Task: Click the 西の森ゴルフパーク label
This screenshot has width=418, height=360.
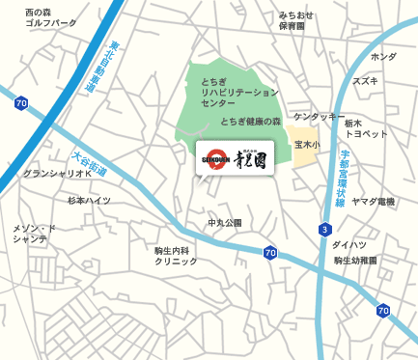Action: coord(51,16)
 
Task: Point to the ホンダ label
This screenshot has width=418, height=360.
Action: coord(383,57)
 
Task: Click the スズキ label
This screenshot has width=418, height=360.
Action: coord(365,81)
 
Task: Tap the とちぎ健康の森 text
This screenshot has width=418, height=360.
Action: coord(250,122)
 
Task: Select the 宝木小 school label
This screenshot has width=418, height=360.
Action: coord(306,145)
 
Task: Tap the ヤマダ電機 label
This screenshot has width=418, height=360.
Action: coord(373,201)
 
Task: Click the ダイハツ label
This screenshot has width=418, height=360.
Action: coord(348,245)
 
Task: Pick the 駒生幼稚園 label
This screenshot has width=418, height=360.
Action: coord(355,261)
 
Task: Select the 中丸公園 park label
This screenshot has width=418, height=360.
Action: coord(225,223)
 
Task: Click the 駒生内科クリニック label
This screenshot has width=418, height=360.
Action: coord(176,256)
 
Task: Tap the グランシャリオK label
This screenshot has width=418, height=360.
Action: coord(57,174)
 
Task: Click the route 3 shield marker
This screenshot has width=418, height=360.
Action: coord(325,230)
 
